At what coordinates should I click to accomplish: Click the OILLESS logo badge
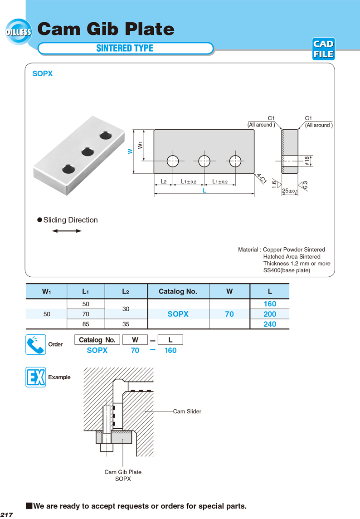point(19,32)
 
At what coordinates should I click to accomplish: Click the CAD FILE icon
point(323,49)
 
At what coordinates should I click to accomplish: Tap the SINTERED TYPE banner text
point(125,48)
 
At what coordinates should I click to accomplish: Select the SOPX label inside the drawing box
point(43,73)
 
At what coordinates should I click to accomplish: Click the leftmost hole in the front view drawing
point(173,161)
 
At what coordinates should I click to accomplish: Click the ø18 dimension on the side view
point(307,161)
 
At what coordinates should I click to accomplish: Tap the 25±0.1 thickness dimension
point(290,191)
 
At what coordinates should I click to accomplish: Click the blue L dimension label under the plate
point(204,191)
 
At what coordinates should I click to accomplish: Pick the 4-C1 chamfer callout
point(261,178)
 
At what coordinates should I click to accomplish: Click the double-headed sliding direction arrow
point(67,231)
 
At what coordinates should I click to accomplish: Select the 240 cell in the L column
point(269,324)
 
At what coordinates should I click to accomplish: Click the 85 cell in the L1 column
point(86,324)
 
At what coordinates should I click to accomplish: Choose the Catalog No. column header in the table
point(178,291)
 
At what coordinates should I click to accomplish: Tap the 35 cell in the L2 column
point(126,324)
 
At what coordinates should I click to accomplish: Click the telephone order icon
point(35,344)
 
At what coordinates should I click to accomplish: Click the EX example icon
point(35,377)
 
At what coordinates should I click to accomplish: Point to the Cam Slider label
point(187,411)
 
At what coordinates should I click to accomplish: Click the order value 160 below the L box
point(170,350)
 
